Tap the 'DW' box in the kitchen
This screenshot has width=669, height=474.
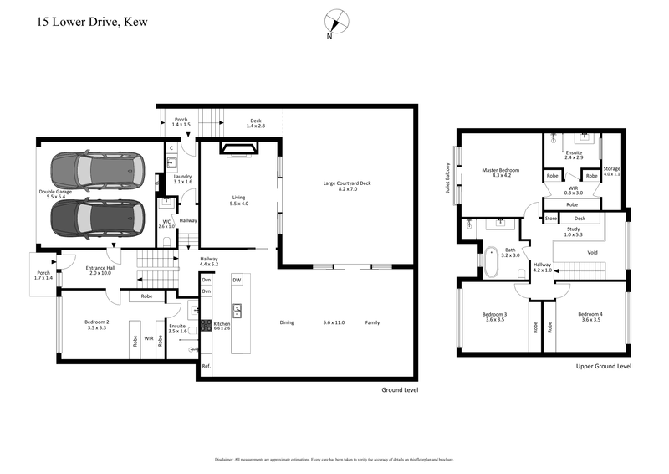pos(237,279)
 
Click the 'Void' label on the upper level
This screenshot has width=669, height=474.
pos(592,252)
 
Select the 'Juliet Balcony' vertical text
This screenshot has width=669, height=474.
pos(449,177)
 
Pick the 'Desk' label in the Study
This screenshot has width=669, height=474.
pos(580,219)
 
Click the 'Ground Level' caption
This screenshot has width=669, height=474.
pos(399,390)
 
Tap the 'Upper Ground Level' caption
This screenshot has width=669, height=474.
pos(604,367)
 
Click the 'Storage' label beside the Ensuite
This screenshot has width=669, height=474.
pos(612,168)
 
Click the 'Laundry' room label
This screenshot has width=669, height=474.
pos(182,178)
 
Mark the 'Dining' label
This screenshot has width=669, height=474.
pos(287,322)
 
